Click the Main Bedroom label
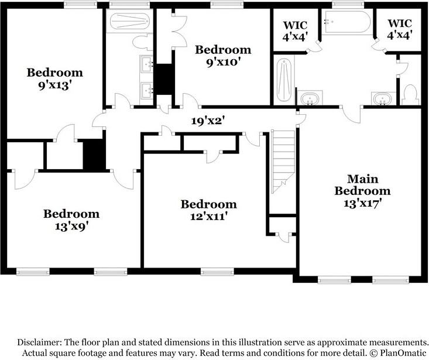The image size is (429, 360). (362, 184)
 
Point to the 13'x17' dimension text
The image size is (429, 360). (362, 203)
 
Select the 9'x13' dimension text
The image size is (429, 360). (54, 84)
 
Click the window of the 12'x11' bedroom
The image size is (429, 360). (217, 272)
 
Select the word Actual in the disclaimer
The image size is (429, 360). (37, 354)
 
